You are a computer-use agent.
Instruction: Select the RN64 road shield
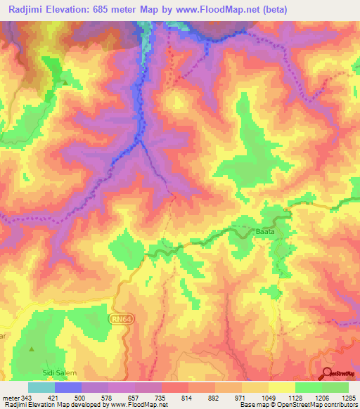tap(120, 318)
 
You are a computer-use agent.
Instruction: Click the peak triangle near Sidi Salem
tap(30, 349)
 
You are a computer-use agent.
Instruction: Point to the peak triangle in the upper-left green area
tap(65, 83)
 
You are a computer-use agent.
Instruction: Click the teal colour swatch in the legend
tap(41, 387)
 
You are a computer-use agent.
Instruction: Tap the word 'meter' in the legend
tap(8, 397)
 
